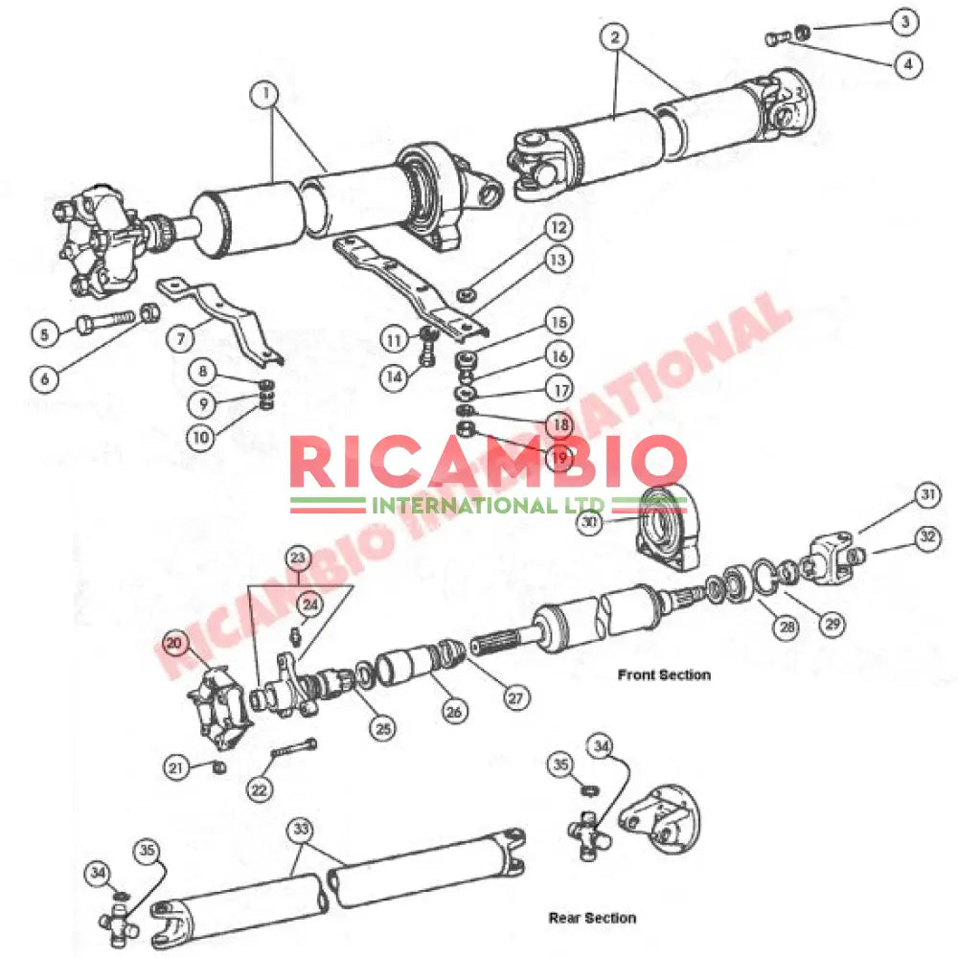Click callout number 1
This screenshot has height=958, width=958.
tap(264, 95)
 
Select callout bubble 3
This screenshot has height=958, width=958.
tap(905, 22)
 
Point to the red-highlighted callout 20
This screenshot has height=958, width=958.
tap(174, 643)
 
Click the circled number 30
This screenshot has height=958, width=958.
tap(589, 522)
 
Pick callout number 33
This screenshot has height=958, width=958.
tap(301, 829)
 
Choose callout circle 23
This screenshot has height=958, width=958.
tap(298, 558)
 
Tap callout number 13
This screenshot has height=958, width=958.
tap(559, 261)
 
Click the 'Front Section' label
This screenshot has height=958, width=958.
tap(664, 675)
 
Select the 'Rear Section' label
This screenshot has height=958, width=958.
tap(592, 918)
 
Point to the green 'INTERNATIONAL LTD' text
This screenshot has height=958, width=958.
tap(489, 506)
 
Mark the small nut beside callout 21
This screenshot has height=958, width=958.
tap(218, 766)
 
